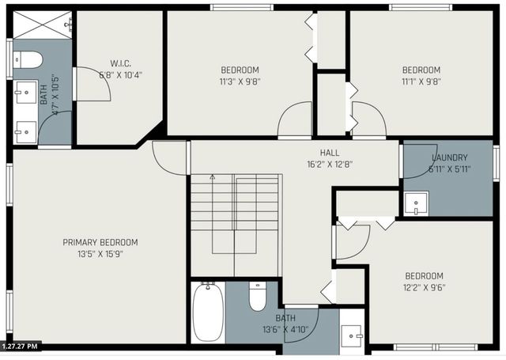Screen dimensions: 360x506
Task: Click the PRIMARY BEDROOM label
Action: click(x=100, y=242)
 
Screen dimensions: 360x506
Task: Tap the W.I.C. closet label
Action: click(x=121, y=64)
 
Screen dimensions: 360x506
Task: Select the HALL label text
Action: click(x=330, y=153)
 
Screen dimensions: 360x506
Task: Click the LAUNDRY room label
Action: click(x=449, y=157)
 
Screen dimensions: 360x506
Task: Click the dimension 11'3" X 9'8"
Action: click(x=240, y=81)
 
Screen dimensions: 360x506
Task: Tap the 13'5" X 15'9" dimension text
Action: click(x=100, y=254)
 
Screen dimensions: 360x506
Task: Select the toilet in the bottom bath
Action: click(x=258, y=297)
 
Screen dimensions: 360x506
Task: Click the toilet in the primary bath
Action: click(x=28, y=59)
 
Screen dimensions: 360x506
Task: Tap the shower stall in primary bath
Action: click(x=41, y=26)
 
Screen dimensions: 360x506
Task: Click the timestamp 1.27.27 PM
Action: click(x=21, y=346)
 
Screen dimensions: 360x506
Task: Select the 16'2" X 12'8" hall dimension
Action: click(x=330, y=165)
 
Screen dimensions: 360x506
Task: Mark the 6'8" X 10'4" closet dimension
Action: click(x=121, y=76)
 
